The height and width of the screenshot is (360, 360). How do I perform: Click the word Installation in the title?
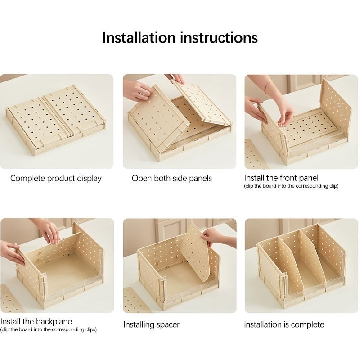(x=139, y=38)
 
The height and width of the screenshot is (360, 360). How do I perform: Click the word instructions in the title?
(x=219, y=38)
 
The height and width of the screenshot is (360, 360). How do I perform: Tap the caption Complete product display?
(x=56, y=179)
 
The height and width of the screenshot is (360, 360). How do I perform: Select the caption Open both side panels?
(x=172, y=178)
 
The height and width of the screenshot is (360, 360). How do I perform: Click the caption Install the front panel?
(x=281, y=178)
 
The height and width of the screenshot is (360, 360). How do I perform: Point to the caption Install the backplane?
(x=36, y=321)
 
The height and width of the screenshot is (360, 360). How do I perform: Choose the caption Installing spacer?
(x=151, y=324)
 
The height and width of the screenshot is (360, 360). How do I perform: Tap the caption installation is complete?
(x=284, y=324)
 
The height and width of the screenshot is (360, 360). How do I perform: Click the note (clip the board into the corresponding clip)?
(x=291, y=186)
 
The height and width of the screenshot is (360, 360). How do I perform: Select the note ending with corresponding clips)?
(x=48, y=330)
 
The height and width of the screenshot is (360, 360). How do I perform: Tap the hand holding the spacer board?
(x=216, y=238)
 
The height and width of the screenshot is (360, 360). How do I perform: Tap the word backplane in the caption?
(x=54, y=321)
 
